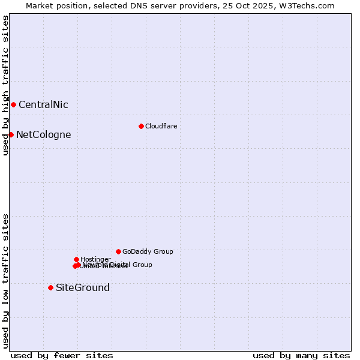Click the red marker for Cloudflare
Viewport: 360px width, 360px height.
click(x=141, y=126)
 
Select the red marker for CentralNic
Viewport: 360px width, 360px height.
click(x=13, y=104)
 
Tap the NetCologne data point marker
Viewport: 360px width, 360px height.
click(x=11, y=134)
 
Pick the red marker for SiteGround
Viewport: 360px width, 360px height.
click(x=50, y=287)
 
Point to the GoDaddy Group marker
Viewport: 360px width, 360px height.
click(x=118, y=251)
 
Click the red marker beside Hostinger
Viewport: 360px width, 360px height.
click(x=76, y=259)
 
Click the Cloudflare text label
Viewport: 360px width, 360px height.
click(x=161, y=126)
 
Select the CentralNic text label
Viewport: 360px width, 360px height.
click(x=43, y=104)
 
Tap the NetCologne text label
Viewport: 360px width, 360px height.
click(x=43, y=134)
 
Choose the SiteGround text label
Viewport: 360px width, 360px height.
click(x=82, y=287)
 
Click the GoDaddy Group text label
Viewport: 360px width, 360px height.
click(x=148, y=251)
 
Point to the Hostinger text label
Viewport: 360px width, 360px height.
click(x=95, y=259)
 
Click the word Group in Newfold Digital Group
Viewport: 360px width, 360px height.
click(x=142, y=265)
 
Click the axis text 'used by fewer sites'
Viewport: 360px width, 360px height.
click(x=62, y=355)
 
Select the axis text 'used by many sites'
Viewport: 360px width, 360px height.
click(x=301, y=355)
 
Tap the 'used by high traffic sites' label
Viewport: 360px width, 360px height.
click(x=5, y=85)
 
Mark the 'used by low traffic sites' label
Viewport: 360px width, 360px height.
click(x=5, y=281)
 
